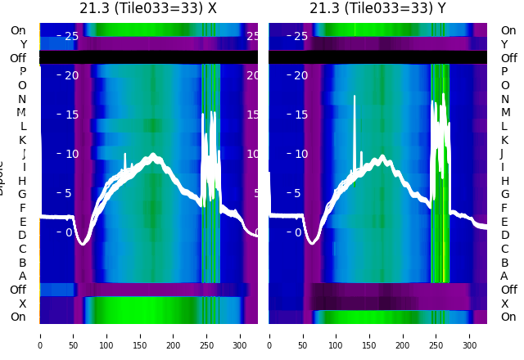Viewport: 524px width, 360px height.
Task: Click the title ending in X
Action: pos(148,9)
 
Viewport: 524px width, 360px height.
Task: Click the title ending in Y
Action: pos(377,9)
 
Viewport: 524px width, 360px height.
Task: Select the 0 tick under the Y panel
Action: pos(269,335)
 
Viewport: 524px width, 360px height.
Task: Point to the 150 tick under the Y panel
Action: pos(370,335)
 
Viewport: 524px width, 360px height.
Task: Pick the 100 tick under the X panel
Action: pos(106,335)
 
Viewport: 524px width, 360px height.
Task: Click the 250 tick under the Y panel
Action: pos(437,335)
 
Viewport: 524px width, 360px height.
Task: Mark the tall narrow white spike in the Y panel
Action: pos(355,123)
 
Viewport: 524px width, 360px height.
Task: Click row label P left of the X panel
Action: pos(22,72)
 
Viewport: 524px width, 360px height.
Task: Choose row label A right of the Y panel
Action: pos(505,276)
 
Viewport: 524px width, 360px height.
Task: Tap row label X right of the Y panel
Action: pos(505,303)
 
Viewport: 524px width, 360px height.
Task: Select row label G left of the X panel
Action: pos(22,194)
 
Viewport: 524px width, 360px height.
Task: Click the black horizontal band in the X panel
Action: pos(148,57)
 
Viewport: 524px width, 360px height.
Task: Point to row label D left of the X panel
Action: pos(22,235)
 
